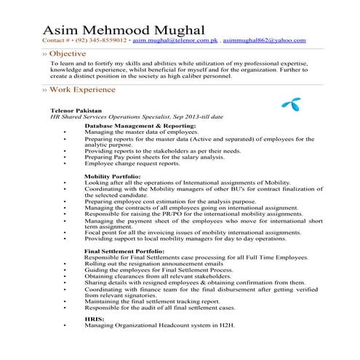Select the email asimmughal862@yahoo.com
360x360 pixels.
(x=265, y=41)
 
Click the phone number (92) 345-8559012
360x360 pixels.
(x=101, y=41)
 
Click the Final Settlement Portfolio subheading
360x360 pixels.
(x=124, y=250)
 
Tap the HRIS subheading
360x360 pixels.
(x=94, y=319)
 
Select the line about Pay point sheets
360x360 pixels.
(x=155, y=156)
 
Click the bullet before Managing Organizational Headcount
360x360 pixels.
(x=66, y=325)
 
